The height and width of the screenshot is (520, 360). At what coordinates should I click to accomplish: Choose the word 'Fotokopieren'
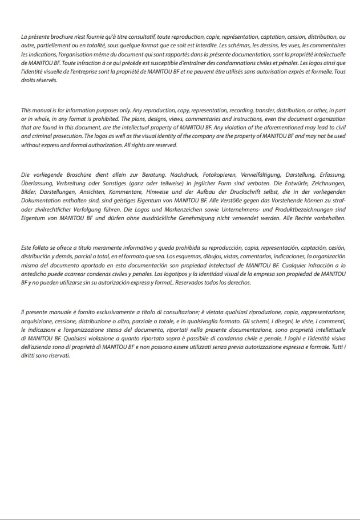(x=184, y=175)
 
